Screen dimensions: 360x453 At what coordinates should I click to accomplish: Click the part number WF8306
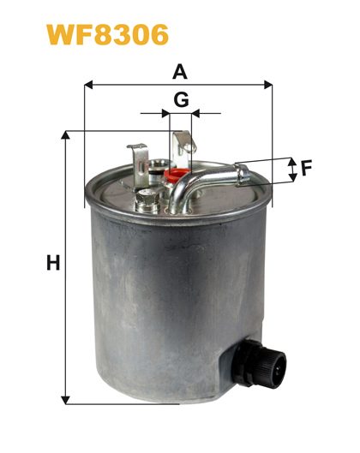107,34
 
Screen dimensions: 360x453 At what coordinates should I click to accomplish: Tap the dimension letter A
180,72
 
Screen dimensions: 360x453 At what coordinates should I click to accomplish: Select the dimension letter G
182,99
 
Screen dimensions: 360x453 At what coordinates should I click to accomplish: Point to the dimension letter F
307,169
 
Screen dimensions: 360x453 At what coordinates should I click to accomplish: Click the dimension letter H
53,262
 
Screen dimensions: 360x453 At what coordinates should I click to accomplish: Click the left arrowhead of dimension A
88,85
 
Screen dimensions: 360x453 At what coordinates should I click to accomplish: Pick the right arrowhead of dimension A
268,85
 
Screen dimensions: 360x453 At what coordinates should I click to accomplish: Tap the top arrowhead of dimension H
66,135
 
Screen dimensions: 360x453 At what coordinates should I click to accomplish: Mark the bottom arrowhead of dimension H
66,400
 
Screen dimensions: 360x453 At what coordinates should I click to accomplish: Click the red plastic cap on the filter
173,175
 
